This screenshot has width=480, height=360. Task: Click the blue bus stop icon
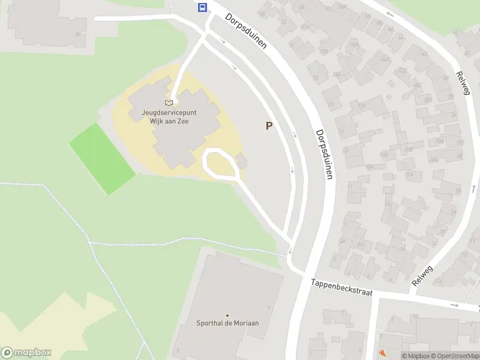coord(203,8)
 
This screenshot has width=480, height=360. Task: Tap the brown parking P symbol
coord(269,126)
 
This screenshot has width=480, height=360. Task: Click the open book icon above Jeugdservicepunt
coord(169,103)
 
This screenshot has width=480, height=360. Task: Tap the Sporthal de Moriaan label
coord(227,323)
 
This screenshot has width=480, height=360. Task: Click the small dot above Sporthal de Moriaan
coord(227,315)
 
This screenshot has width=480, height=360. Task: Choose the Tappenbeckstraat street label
coord(342,287)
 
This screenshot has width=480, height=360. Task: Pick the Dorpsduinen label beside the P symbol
coord(324,154)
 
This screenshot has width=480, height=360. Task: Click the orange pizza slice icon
coord(382,354)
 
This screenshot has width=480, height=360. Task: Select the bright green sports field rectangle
coord(102,158)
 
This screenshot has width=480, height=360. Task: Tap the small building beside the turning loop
coord(242,161)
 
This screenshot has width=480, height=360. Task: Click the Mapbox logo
coord(26,353)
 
